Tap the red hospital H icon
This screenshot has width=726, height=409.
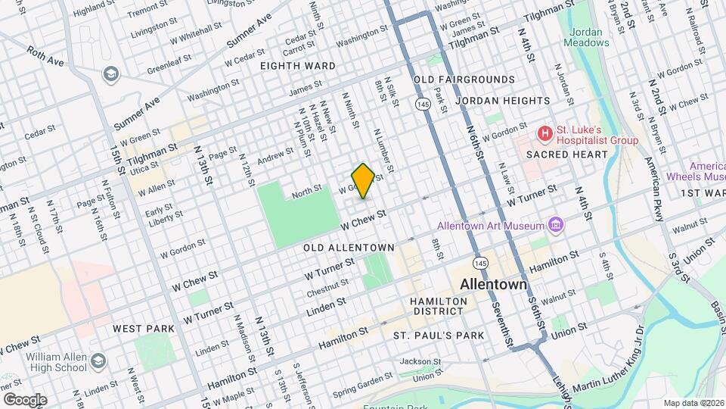(x=544, y=134)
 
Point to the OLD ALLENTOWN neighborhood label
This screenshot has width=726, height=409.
(x=349, y=248)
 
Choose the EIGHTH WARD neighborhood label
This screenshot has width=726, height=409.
(x=297, y=66)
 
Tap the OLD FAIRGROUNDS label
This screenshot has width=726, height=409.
(x=464, y=80)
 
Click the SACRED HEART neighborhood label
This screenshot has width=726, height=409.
(x=567, y=155)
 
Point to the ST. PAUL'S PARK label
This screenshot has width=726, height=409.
(x=438, y=335)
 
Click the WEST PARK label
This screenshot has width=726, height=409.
(x=144, y=329)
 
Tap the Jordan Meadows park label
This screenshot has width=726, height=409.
(x=586, y=37)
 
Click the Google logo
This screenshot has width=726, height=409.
(x=24, y=400)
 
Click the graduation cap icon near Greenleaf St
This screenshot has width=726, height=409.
(x=111, y=74)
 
